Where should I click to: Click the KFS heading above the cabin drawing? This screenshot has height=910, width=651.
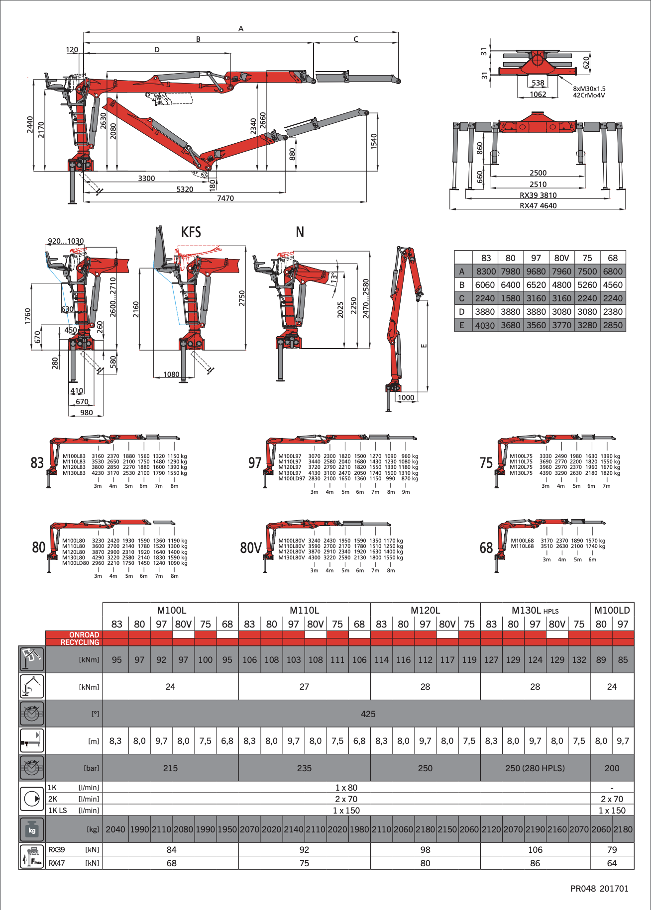click(x=191, y=232)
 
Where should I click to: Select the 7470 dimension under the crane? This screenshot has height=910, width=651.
click(x=225, y=198)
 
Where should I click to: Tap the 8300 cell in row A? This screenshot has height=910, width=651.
click(x=486, y=272)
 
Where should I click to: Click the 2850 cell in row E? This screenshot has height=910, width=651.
click(x=613, y=325)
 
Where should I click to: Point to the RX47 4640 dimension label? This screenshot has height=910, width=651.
click(x=538, y=206)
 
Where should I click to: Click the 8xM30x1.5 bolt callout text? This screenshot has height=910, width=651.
click(x=589, y=89)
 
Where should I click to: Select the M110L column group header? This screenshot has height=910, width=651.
click(x=305, y=610)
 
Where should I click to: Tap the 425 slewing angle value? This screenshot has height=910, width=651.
click(x=368, y=714)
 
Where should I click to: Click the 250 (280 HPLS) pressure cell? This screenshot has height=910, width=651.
click(x=535, y=768)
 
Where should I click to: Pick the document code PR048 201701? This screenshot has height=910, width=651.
click(x=599, y=889)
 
